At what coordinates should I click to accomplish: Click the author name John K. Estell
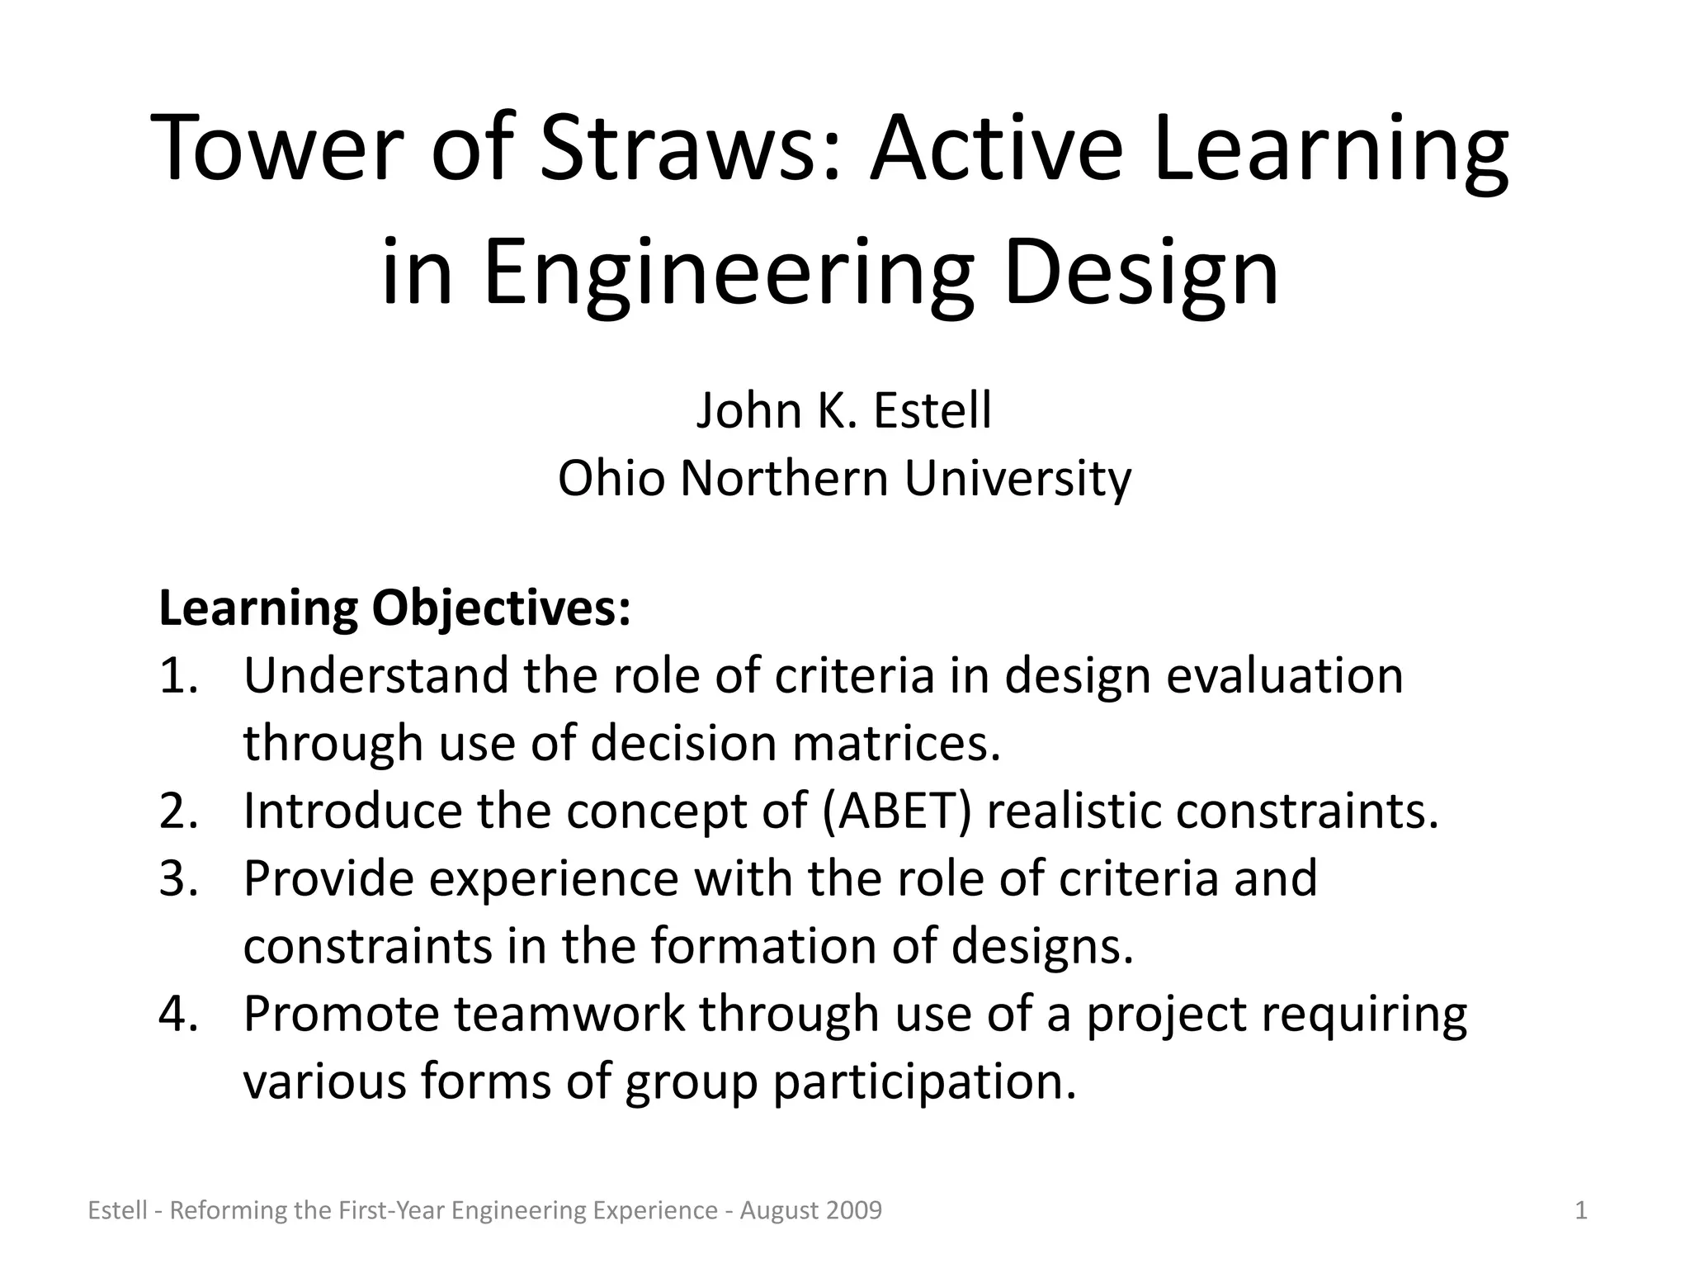tap(843, 410)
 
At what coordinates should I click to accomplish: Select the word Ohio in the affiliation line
tap(611, 478)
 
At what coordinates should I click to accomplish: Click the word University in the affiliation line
tap(1017, 478)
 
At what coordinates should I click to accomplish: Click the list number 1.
tap(177, 676)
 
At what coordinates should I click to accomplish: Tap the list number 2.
tap(178, 811)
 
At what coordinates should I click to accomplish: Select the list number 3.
tap(178, 878)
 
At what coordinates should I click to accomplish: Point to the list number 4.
tap(178, 1014)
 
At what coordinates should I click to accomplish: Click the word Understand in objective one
tap(375, 676)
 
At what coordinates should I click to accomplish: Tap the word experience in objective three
tap(554, 878)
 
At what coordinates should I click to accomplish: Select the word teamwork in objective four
tap(569, 1014)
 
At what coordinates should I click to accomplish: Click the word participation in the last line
tap(924, 1081)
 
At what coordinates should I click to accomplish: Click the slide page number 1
tap(1581, 1211)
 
